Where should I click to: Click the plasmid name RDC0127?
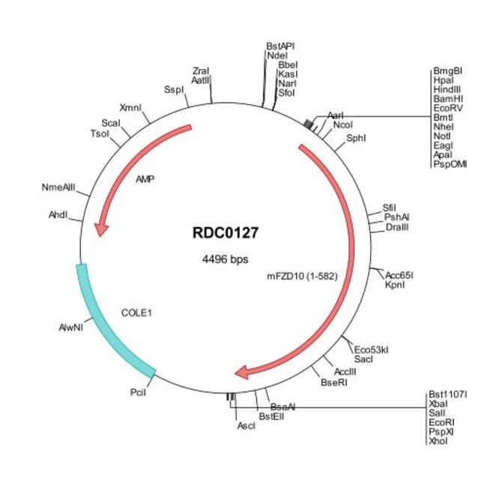(226, 233)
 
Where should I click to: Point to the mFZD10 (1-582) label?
(303, 276)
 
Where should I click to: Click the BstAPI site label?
(280, 46)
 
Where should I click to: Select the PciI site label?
(137, 391)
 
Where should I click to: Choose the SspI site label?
(174, 90)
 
